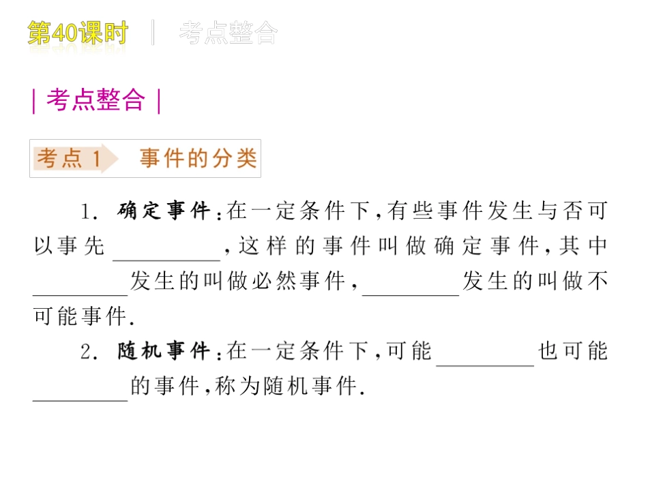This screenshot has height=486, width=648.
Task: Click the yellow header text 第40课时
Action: pos(78,33)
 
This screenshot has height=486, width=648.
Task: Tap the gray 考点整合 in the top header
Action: pos(229,33)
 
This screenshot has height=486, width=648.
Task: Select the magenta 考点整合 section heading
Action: pos(95,100)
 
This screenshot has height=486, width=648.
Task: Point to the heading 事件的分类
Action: pos(198,159)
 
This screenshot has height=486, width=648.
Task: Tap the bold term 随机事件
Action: pos(164,352)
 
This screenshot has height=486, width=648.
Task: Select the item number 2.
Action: pos(87,352)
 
